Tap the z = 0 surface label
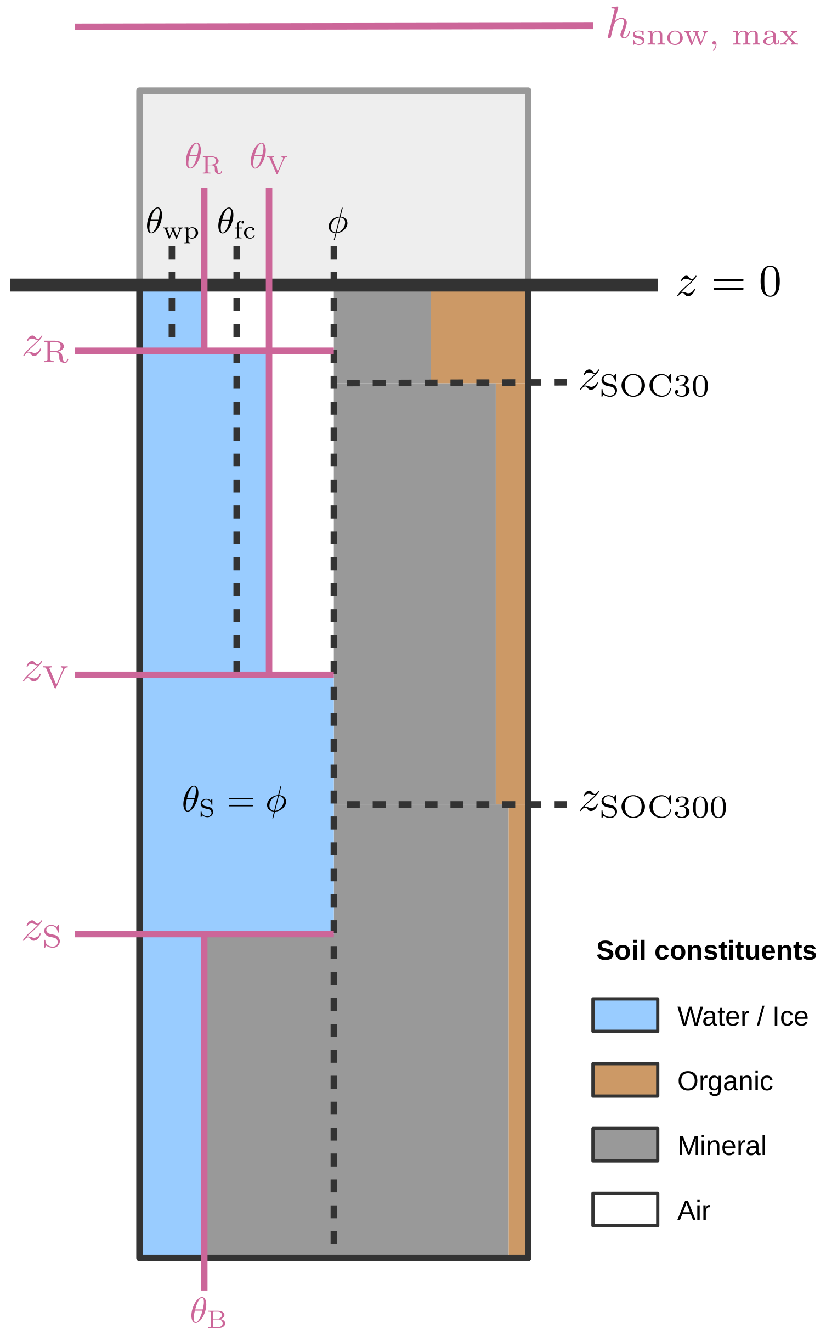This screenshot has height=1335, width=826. coord(729,283)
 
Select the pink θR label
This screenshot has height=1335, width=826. coord(203,159)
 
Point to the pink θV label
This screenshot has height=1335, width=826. coord(268,159)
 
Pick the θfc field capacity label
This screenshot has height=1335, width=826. coord(236,224)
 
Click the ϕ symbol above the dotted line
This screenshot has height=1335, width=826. coord(337,223)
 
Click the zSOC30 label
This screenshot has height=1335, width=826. coord(644,383)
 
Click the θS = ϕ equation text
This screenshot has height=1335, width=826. coord(234,801)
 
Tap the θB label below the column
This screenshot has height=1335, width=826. coord(208,1313)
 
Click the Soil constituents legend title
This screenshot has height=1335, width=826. coord(706,951)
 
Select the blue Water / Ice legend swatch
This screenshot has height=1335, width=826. coord(625,1015)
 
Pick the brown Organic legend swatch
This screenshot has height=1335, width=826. coord(625,1080)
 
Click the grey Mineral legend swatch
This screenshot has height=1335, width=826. coord(625,1145)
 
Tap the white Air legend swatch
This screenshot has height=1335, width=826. coord(625,1209)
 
